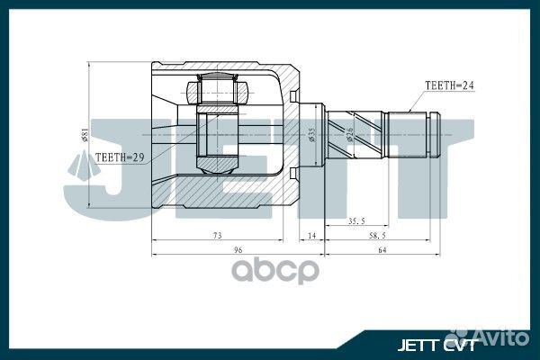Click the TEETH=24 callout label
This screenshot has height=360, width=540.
tap(449, 86)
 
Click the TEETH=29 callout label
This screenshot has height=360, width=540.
tap(119, 156)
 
